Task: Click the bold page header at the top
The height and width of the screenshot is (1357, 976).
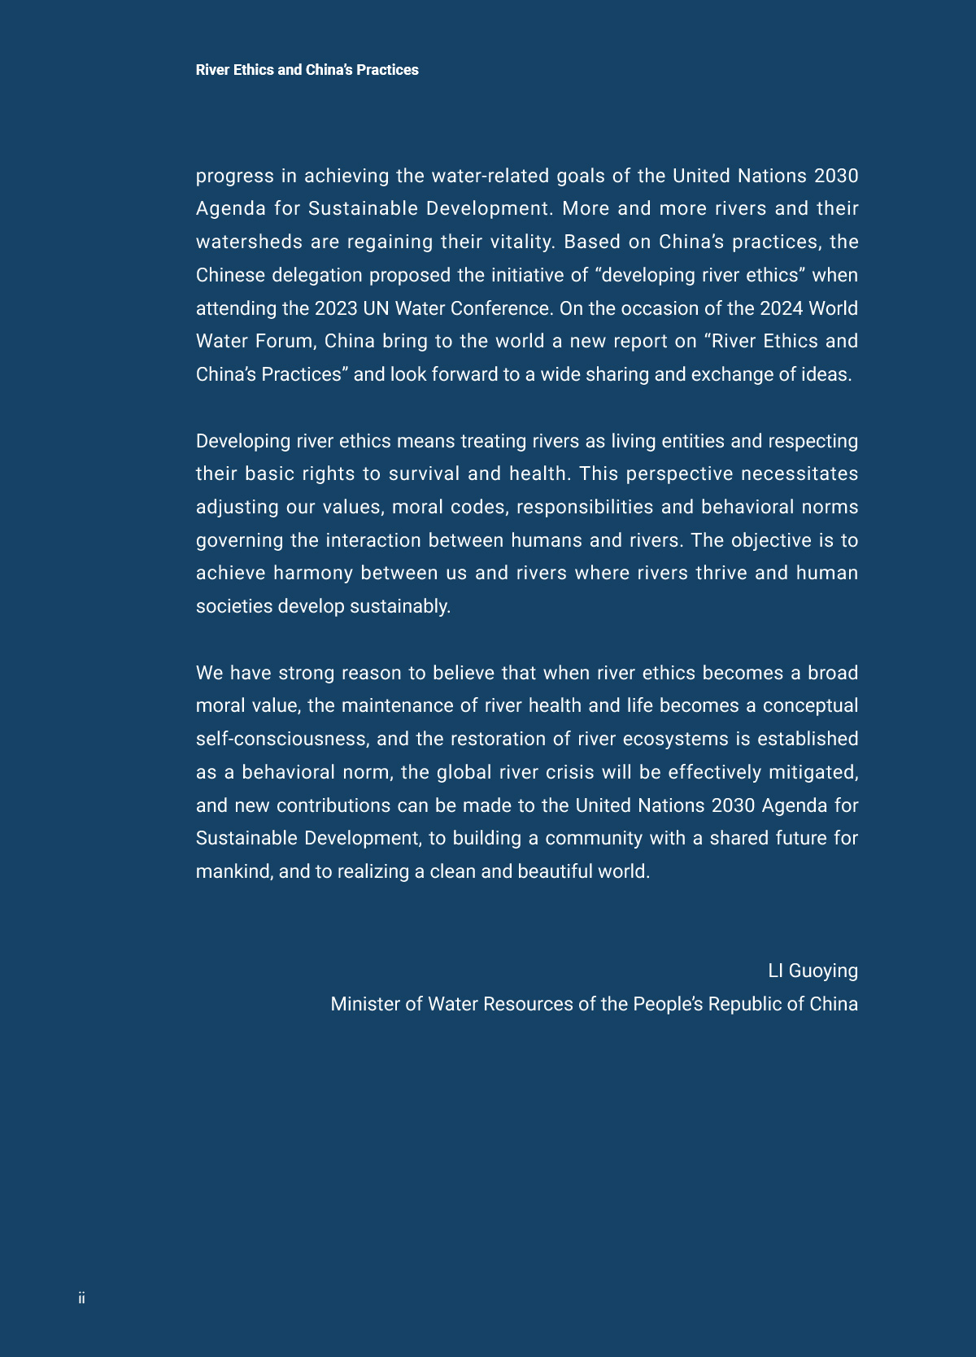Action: (307, 70)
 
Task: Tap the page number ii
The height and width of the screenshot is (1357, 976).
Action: (81, 1298)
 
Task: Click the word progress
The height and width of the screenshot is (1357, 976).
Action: (235, 176)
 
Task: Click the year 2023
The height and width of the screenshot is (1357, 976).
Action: (336, 308)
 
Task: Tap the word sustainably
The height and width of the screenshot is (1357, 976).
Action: (404, 606)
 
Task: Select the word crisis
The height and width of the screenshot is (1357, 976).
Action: (570, 772)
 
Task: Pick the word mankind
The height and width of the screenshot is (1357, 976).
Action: (233, 871)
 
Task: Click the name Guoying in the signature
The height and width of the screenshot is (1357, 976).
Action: (823, 971)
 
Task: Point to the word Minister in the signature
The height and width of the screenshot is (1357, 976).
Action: (365, 1004)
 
